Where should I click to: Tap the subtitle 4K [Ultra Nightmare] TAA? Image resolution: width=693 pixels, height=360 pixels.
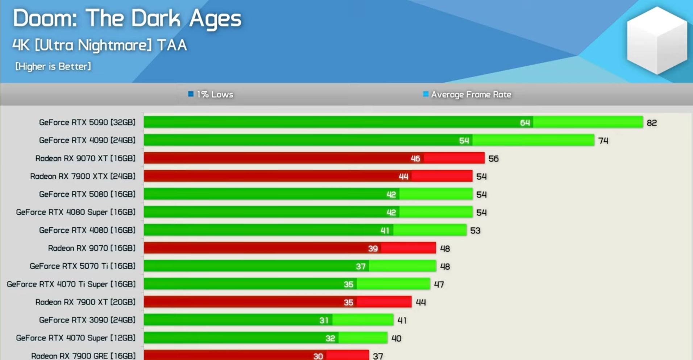coord(100,45)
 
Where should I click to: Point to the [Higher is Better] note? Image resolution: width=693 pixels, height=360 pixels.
coord(53,66)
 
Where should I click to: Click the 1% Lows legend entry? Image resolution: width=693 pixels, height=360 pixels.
coord(211,95)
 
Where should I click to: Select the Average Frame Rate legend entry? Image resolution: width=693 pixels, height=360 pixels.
coord(468,95)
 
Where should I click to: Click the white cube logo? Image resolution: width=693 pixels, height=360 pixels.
coord(656,40)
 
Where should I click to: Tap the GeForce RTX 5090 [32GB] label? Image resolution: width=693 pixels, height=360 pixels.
coord(87,123)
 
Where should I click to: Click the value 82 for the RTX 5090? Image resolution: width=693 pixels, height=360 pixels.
coord(652,123)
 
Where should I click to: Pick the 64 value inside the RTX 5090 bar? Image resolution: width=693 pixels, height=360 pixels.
coord(525,123)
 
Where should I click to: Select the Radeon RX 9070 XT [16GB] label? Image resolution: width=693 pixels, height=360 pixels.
coord(85,158)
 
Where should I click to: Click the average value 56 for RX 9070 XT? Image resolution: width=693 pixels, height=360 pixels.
coord(493,159)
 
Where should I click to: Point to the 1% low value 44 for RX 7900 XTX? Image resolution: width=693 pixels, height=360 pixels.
coord(403,177)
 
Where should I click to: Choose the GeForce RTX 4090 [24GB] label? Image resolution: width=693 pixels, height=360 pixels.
coord(87,140)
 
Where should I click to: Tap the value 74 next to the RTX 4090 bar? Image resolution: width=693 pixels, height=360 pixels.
coord(603,141)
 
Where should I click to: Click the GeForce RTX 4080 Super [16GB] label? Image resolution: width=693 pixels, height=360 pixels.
coord(75,212)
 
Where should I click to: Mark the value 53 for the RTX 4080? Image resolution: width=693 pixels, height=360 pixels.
coord(475,231)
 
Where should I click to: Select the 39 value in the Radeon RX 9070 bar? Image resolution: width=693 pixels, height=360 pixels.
coord(373,248)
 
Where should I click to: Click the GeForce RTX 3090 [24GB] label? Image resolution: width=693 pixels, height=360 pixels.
coord(87,320)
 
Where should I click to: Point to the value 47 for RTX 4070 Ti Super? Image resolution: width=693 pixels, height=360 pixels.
coord(439,285)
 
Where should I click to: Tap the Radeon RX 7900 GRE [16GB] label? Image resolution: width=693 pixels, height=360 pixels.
coord(83,356)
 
